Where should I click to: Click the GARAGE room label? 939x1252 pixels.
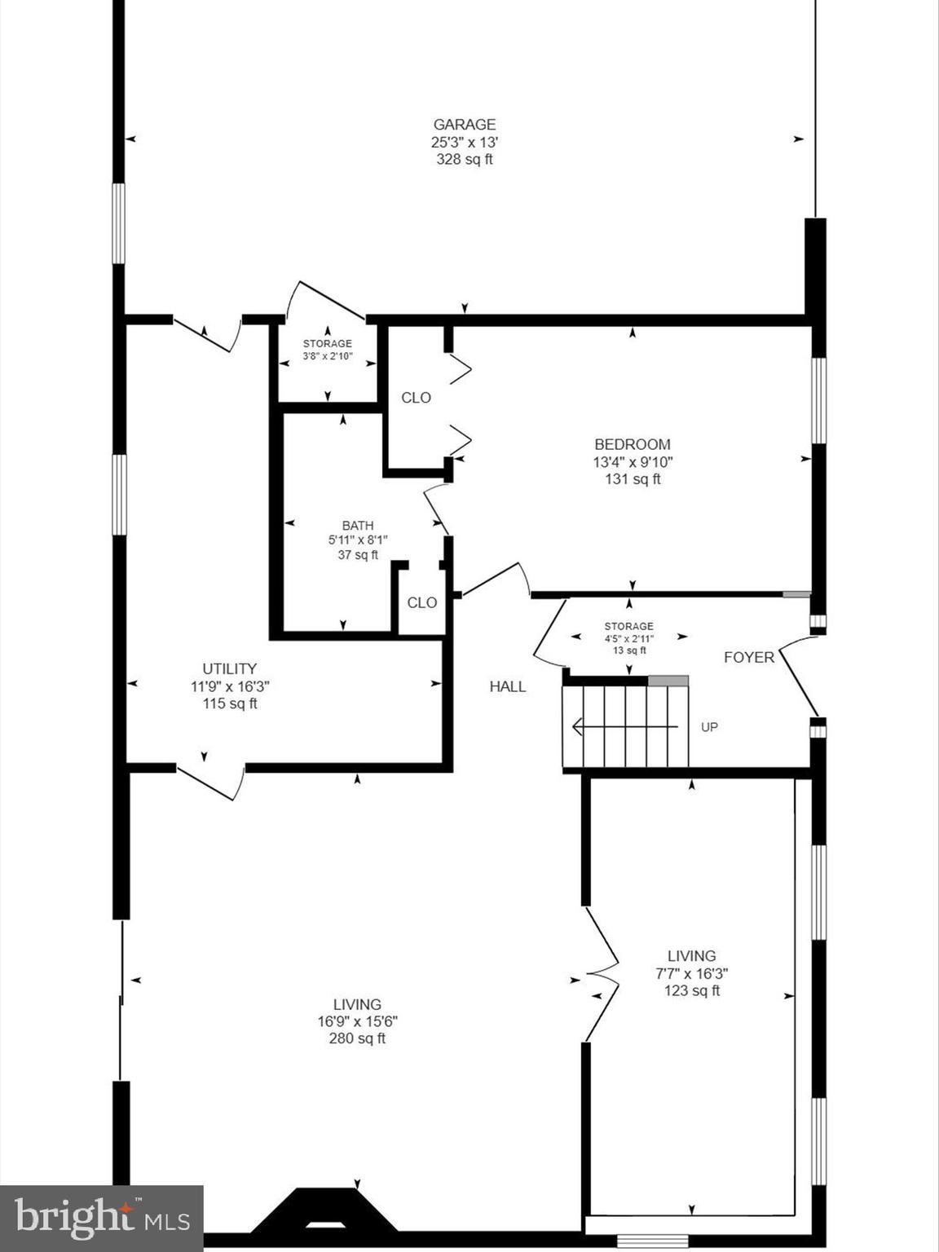[x=464, y=125]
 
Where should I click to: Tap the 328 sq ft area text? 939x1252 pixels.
[x=464, y=160]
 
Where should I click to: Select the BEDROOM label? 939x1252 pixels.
[x=632, y=444]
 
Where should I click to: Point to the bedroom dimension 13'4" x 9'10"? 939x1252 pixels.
[x=632, y=462]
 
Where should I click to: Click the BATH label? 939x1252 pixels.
[x=358, y=526]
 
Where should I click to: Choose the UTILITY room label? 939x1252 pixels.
[x=230, y=668]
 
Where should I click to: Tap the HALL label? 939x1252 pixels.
[x=507, y=686]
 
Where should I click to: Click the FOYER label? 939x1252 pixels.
[x=748, y=657]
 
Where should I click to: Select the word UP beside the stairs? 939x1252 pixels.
[x=709, y=726]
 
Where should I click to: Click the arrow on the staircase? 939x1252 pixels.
[x=624, y=725]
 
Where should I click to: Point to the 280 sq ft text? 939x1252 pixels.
[x=357, y=1038]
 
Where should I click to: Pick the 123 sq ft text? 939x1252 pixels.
[x=691, y=991]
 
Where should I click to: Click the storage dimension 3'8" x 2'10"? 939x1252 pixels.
[x=328, y=356]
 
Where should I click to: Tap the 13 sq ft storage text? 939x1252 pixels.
[x=628, y=650]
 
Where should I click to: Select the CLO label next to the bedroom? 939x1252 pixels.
[x=416, y=398]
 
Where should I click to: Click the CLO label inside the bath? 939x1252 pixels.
[x=421, y=602]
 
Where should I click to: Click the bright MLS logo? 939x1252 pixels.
[x=101, y=1219]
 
